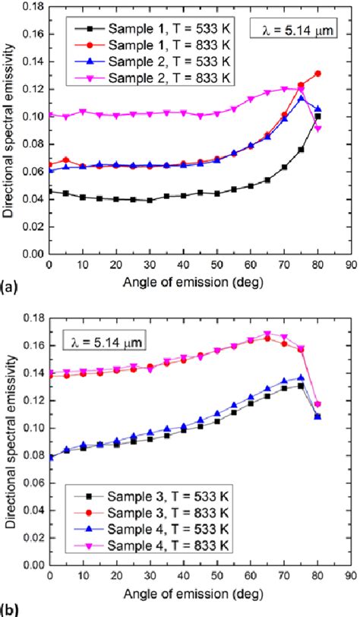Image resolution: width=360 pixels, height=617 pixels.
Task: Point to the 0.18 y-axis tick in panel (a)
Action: click(x=32, y=6)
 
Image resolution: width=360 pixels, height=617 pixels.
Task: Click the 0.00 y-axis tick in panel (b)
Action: click(x=32, y=566)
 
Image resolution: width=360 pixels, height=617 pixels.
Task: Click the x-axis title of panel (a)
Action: click(x=199, y=283)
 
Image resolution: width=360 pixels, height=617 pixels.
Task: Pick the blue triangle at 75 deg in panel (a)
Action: click(x=301, y=98)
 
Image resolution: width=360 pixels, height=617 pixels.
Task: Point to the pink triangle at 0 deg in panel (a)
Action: click(x=49, y=115)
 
